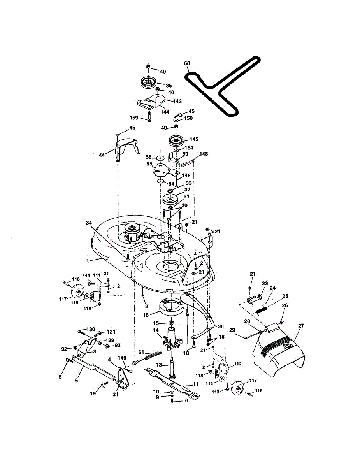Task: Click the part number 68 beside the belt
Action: click(187, 64)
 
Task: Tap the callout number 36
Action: click(169, 86)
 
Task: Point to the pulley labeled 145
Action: click(176, 141)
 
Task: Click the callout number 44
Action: click(102, 155)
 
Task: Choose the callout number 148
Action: click(204, 154)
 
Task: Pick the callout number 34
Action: click(90, 223)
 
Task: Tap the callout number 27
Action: click(301, 326)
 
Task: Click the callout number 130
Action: click(91, 330)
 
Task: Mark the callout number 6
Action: click(76, 380)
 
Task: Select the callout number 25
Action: click(285, 296)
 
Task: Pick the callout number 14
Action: click(156, 330)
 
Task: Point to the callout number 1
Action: click(88, 260)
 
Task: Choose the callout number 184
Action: click(189, 148)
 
